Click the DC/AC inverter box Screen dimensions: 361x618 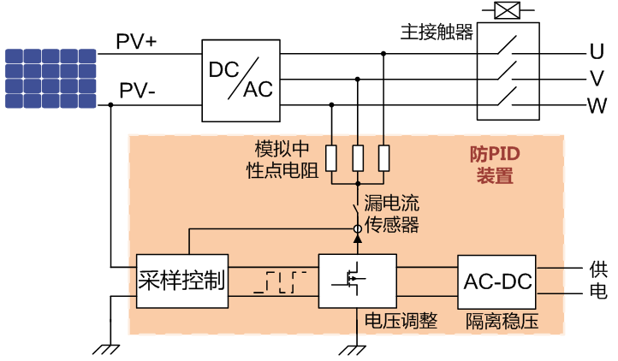pyautogui.click(x=241, y=80)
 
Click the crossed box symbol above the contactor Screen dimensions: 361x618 pyautogui.click(x=509, y=11)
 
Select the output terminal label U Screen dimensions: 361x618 pyautogui.click(x=596, y=50)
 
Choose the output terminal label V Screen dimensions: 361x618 pyautogui.click(x=596, y=79)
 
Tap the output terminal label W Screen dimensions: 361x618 pyautogui.click(x=597, y=107)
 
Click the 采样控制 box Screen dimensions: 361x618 pyautogui.click(x=181, y=280)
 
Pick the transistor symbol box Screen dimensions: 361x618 pyautogui.click(x=357, y=280)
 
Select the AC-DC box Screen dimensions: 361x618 pyautogui.click(x=497, y=280)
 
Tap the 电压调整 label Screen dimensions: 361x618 pyautogui.click(x=401, y=321)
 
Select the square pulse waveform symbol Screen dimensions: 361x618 pyautogui.click(x=282, y=281)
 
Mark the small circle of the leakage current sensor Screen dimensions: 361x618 pyautogui.click(x=358, y=229)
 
